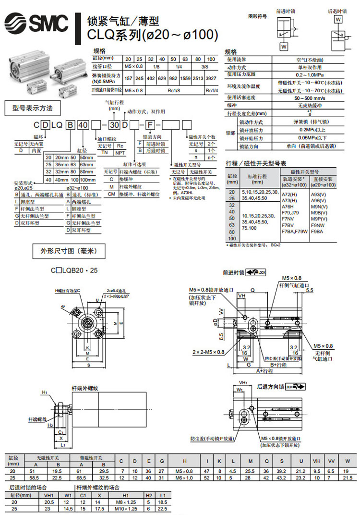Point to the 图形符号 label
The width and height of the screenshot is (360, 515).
(257, 16)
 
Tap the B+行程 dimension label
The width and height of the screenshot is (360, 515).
(279, 365)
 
